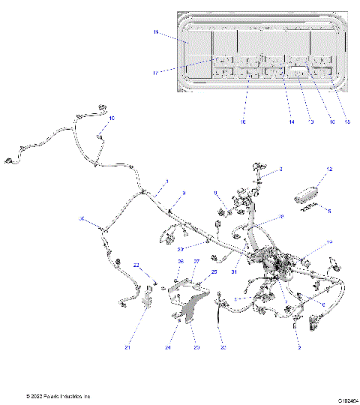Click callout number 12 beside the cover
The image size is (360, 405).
coord(328,190)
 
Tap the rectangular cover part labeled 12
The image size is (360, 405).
coord(309,196)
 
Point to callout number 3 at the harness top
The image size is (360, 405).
coord(282,170)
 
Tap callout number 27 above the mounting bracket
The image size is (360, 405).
coord(196,262)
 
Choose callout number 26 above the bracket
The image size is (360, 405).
coord(180,262)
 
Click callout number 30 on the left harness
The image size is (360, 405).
coord(82,220)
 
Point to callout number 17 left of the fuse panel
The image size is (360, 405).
coord(155,73)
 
